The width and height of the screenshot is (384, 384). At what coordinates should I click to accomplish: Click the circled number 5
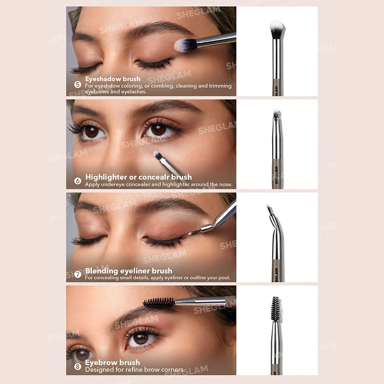78,85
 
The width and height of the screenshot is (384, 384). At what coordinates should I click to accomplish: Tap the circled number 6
78,181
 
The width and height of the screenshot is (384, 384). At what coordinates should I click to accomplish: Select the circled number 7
78,275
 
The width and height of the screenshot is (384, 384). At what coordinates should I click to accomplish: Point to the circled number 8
78,366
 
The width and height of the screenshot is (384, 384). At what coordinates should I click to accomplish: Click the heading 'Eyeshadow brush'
113,79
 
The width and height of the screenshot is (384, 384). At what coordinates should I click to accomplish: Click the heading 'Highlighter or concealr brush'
138,177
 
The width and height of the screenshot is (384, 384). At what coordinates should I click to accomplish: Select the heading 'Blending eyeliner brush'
129,271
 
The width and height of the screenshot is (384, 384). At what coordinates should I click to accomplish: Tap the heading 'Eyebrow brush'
112,362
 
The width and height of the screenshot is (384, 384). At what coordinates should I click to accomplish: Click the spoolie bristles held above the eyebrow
158,303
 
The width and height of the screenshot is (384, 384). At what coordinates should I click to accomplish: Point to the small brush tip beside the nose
157,155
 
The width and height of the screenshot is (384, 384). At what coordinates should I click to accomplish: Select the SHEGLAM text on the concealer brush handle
276,175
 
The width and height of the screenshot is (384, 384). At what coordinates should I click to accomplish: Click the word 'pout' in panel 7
224,278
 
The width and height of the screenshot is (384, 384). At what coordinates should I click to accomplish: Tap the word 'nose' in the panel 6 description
226,184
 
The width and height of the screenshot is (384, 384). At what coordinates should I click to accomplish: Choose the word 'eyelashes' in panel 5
134,92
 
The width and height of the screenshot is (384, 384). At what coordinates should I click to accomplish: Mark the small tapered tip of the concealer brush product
277,112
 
